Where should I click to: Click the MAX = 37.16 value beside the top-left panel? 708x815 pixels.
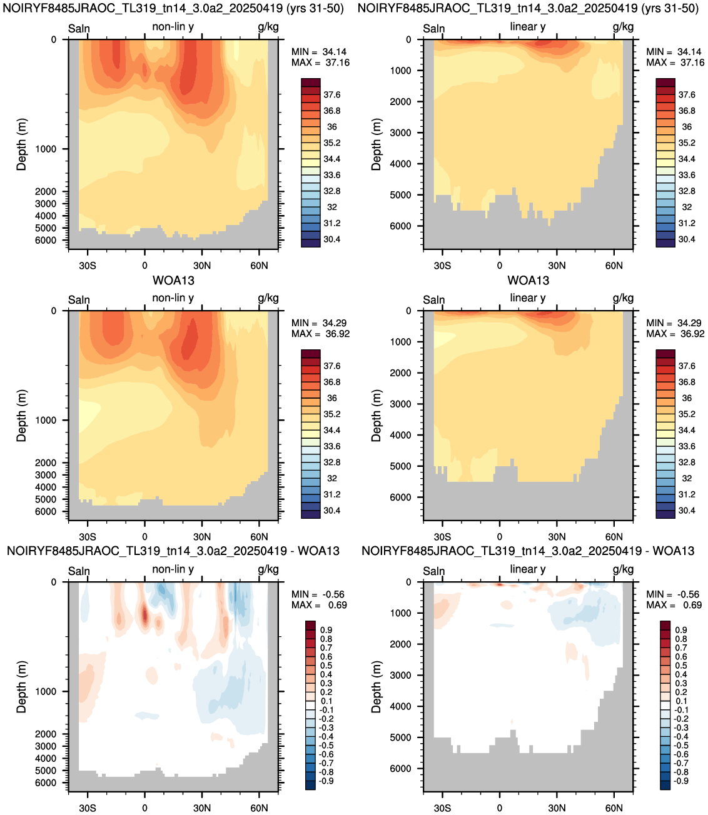(x=320, y=62)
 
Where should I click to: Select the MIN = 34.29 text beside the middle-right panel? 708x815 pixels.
(x=675, y=323)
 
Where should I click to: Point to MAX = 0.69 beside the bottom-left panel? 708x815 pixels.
(x=319, y=604)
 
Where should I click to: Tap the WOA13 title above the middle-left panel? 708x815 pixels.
(x=173, y=281)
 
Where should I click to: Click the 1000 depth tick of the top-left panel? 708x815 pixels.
(x=46, y=149)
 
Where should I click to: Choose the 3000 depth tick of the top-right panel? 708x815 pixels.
(x=400, y=132)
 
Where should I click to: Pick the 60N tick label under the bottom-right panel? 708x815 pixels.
(x=614, y=808)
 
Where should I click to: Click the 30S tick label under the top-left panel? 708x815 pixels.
(x=88, y=266)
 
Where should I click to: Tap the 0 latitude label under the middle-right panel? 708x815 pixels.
(x=500, y=537)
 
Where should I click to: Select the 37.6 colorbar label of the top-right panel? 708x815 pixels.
(x=687, y=95)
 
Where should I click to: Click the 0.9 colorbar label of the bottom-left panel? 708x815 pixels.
(x=326, y=630)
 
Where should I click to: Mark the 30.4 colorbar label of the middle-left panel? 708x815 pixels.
(x=331, y=511)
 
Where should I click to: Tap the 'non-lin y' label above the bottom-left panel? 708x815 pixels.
(x=173, y=569)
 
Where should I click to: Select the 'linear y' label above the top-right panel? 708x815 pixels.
(x=528, y=27)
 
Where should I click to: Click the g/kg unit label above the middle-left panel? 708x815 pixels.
(x=268, y=299)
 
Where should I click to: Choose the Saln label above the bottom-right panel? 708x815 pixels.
(x=433, y=571)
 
